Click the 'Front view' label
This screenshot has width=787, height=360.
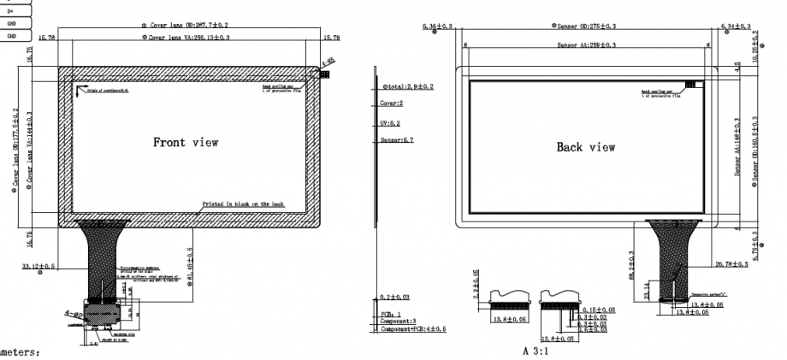pyautogui.click(x=186, y=142)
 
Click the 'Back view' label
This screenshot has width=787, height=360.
pyautogui.click(x=586, y=148)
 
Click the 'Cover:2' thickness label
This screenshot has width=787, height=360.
pyautogui.click(x=392, y=104)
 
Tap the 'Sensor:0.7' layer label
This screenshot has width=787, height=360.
pyautogui.click(x=397, y=139)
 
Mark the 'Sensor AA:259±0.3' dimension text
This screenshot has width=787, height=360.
pyautogui.click(x=589, y=44)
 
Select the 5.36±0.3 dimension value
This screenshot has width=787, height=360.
pyautogui.click(x=438, y=27)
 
